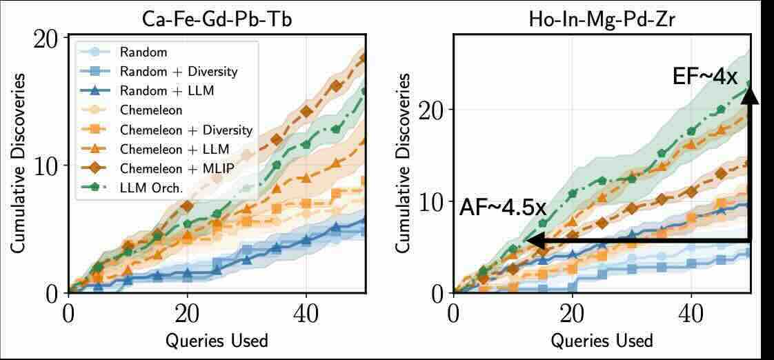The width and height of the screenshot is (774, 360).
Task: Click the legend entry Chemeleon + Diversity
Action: (x=186, y=130)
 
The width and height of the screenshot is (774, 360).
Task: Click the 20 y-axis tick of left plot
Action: (x=50, y=39)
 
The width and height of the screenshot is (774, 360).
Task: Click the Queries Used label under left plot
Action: (x=217, y=340)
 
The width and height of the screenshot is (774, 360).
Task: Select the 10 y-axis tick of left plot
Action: (x=50, y=166)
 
